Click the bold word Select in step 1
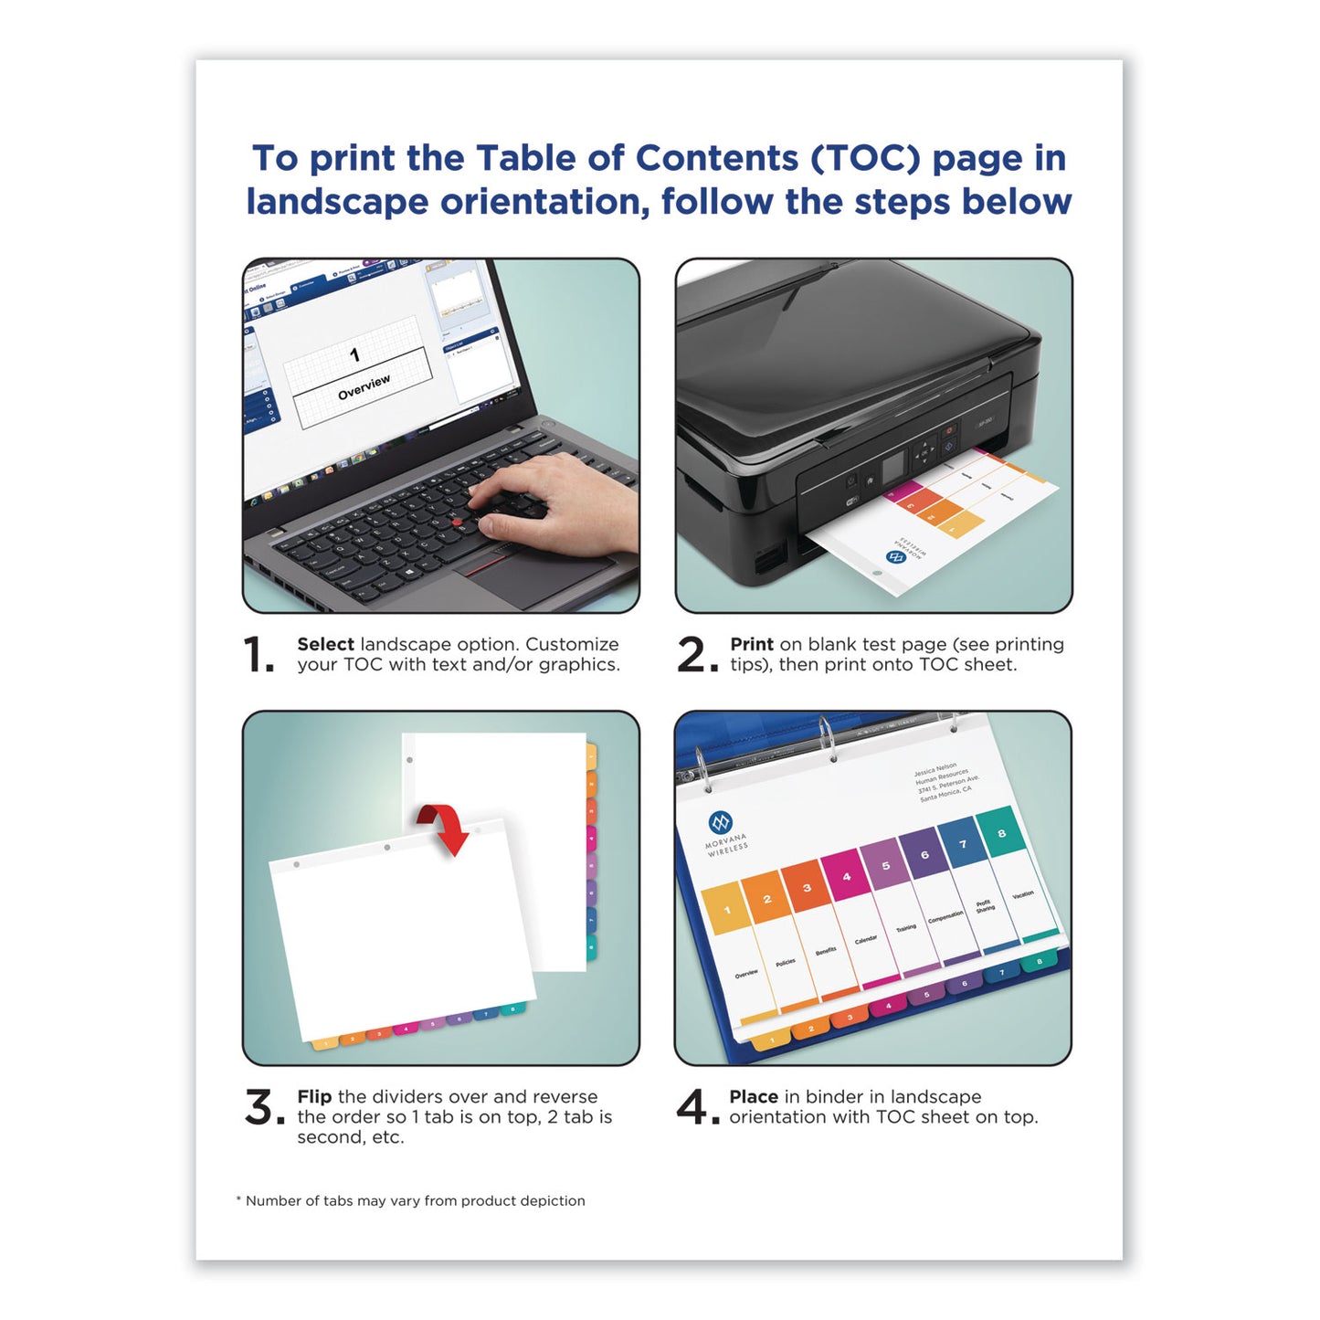(x=325, y=645)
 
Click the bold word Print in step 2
(x=751, y=645)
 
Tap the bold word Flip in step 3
(x=314, y=1097)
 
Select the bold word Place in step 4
(x=754, y=1097)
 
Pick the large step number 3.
(x=263, y=1108)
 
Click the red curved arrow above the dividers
(x=444, y=827)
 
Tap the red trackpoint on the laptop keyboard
(x=457, y=522)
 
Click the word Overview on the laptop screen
(x=364, y=387)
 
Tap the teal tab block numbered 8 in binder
(x=1001, y=833)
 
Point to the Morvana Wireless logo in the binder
(x=723, y=824)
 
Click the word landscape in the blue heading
(x=337, y=202)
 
